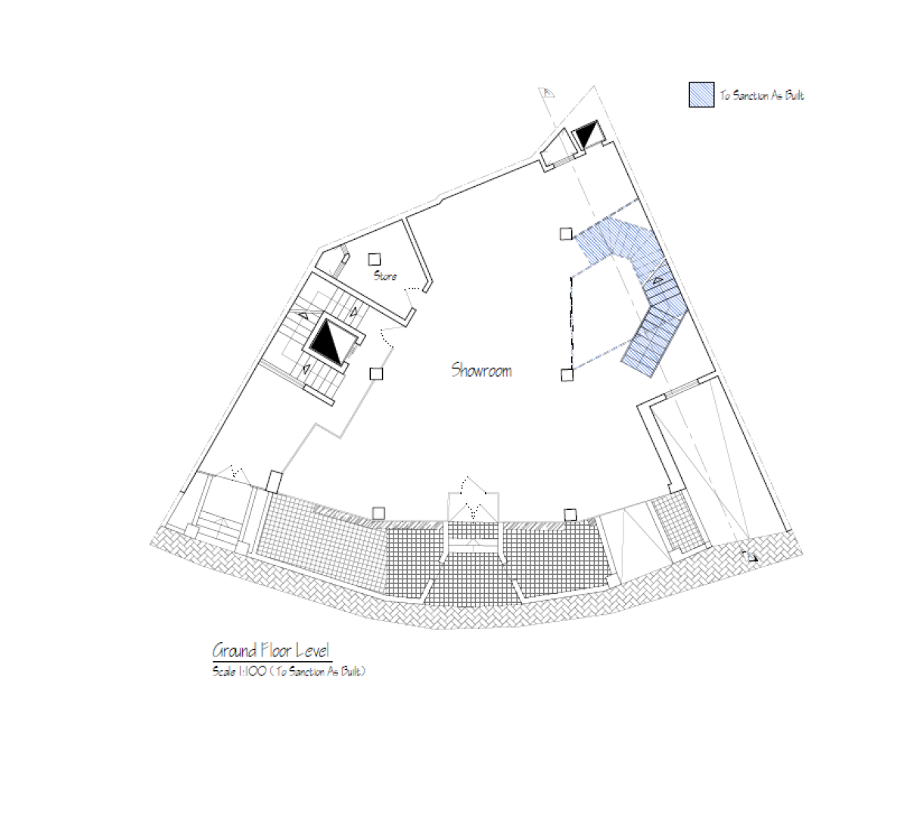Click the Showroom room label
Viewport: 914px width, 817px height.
click(x=481, y=371)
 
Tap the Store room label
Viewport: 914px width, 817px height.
click(x=385, y=275)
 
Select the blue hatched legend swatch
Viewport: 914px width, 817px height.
click(x=701, y=95)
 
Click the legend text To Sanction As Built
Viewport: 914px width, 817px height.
click(x=762, y=95)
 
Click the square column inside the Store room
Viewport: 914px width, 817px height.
click(x=375, y=259)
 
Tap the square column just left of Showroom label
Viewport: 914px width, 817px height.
click(x=376, y=374)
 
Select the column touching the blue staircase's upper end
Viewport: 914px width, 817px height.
click(x=566, y=234)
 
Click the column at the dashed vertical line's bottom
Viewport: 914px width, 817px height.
click(x=567, y=375)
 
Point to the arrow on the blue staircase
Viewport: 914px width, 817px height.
click(x=658, y=280)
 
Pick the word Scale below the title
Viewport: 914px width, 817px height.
click(x=224, y=671)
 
